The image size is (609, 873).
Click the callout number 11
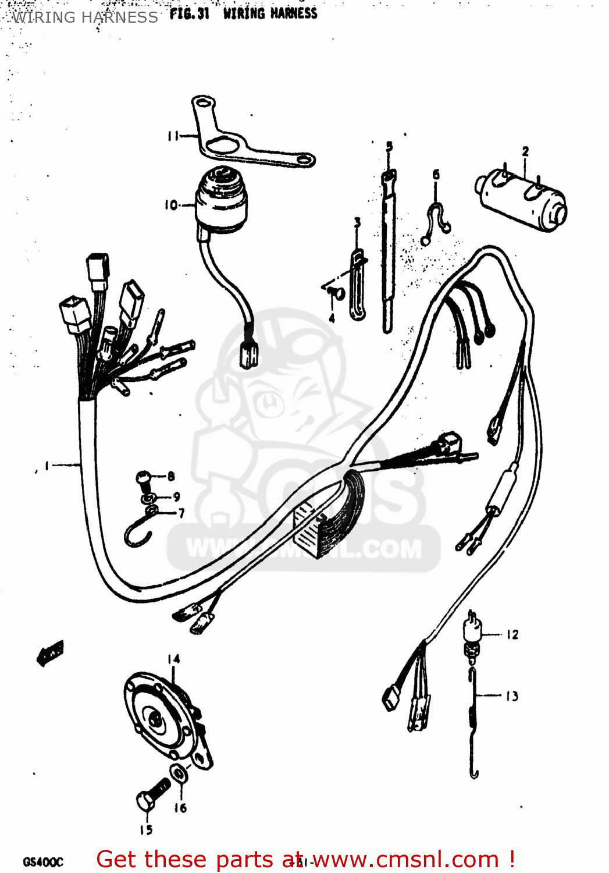click(173, 136)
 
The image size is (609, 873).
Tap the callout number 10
click(170, 205)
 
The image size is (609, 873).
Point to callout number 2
click(525, 151)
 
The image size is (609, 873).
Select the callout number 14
click(173, 659)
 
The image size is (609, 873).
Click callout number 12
click(512, 634)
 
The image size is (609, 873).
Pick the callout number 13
click(511, 696)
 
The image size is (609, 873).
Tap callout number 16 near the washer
click(180, 808)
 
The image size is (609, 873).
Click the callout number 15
click(145, 830)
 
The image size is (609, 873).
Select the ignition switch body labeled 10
click(221, 198)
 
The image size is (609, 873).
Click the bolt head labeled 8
click(144, 479)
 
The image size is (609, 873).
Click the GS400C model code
click(43, 861)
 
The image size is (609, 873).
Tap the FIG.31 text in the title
click(189, 13)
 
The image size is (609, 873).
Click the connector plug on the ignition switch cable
click(249, 353)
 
